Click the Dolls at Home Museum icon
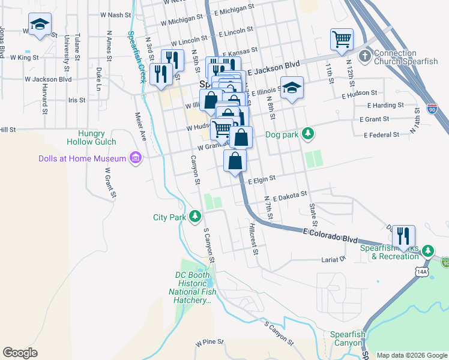coord(136,158)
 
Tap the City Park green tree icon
coord(194,216)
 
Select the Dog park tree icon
coord(308,133)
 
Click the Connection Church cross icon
coord(364,56)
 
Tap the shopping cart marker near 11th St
coord(341,40)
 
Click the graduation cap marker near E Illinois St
coord(291,88)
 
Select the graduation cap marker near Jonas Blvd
coord(40,25)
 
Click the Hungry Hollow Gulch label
coord(91,137)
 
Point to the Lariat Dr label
coord(334,259)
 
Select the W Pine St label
coord(209,344)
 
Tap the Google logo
coord(21,353)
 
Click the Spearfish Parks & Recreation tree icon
coord(427,250)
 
